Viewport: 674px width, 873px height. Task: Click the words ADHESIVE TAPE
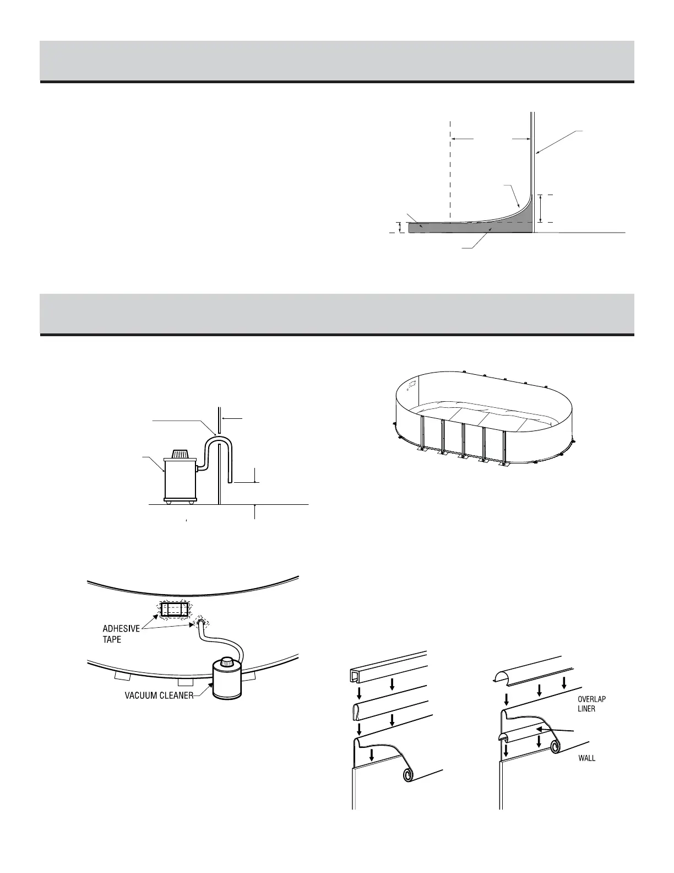coord(121,633)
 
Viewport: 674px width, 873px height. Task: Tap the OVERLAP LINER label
coord(591,704)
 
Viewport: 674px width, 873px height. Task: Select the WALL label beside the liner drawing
coord(586,758)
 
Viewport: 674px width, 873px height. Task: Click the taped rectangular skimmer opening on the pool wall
coord(173,610)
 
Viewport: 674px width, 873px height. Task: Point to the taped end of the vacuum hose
coord(202,623)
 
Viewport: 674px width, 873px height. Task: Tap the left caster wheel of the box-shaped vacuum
coord(169,502)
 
